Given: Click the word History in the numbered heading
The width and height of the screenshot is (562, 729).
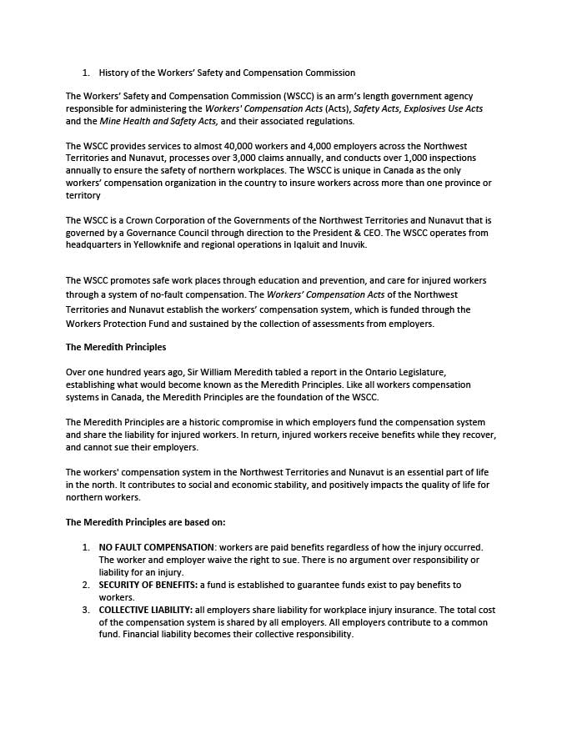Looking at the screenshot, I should click(115, 73).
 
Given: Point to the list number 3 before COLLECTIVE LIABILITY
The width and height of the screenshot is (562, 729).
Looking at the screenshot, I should click(85, 610).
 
